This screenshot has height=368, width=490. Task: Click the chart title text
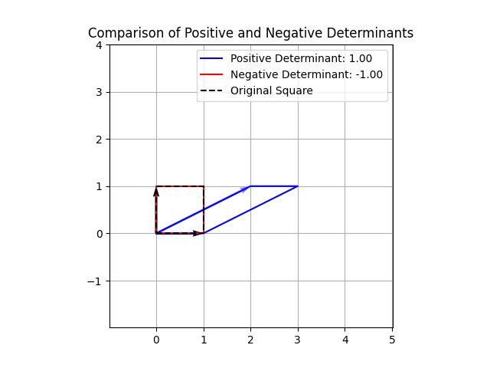tap(250, 33)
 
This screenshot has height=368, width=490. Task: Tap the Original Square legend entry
tap(271, 90)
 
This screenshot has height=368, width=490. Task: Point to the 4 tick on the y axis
tap(98, 45)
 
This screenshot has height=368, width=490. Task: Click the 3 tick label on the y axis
tap(98, 92)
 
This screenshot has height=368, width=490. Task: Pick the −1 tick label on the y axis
tap(95, 281)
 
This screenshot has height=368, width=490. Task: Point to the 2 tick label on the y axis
tap(98, 140)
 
